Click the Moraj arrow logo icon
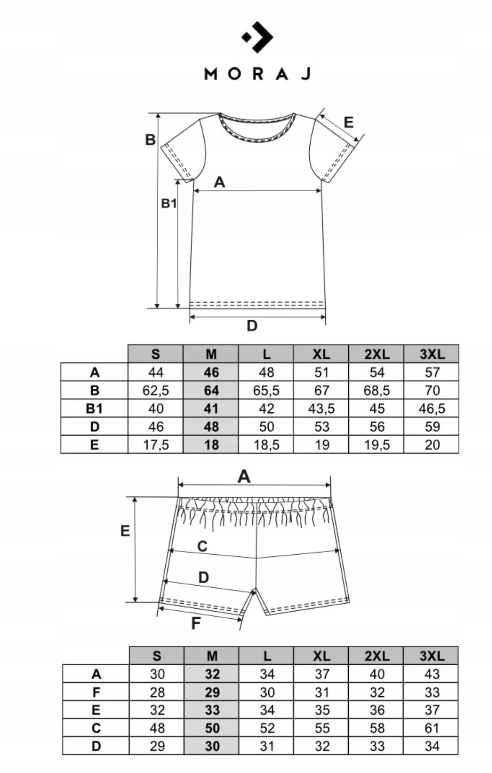click(x=258, y=37)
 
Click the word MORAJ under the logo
click(x=257, y=74)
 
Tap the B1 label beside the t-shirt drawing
click(x=169, y=204)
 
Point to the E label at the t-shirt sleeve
click(x=348, y=122)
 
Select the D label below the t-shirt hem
click(x=252, y=326)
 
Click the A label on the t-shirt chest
click(x=219, y=182)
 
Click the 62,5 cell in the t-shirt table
click(x=156, y=390)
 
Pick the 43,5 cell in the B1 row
click(x=321, y=409)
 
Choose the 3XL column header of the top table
click(x=432, y=354)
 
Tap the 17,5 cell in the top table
click(x=156, y=445)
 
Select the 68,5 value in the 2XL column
click(x=377, y=390)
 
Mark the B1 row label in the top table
click(x=94, y=409)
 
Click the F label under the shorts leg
click(x=195, y=623)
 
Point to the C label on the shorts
click(x=202, y=546)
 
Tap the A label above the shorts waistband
click(x=244, y=476)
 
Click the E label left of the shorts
click(x=125, y=531)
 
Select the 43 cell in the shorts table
click(x=432, y=674)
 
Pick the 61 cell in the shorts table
click(x=432, y=728)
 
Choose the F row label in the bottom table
click(x=96, y=692)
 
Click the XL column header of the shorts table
click(x=322, y=656)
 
